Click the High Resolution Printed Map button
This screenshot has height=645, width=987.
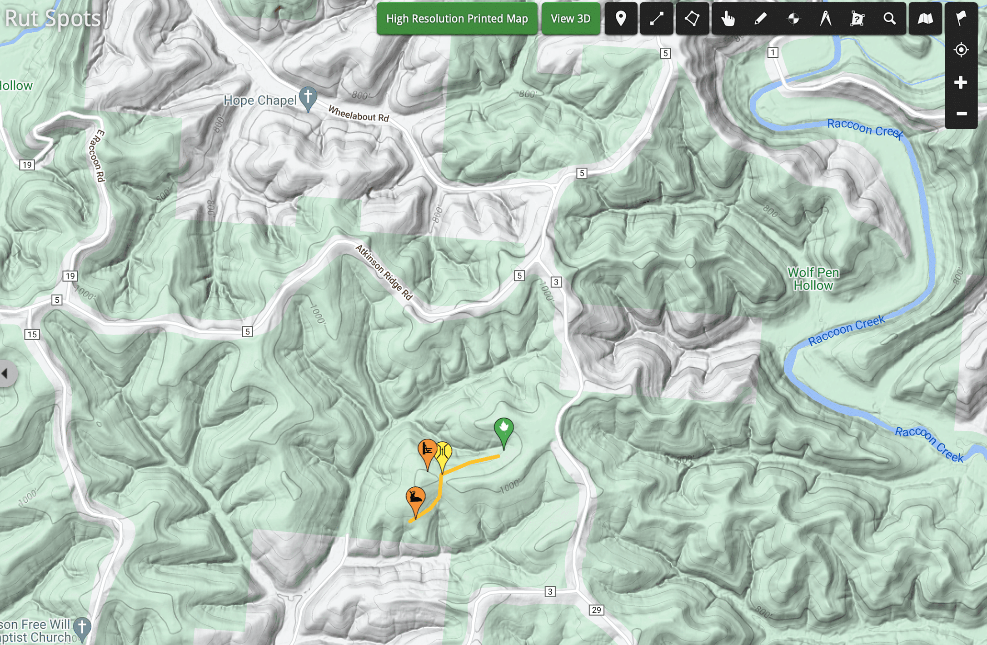457,19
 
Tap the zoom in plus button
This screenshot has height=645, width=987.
961,82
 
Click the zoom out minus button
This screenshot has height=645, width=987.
961,114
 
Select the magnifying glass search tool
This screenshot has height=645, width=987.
889,19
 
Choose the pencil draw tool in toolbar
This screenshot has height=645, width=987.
760,19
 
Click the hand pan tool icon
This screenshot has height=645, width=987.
728,19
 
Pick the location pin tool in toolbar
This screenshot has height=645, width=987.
621,19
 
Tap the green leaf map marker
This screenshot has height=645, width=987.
503,429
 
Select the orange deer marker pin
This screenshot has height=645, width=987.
415,498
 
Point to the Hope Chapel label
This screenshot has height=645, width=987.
259,100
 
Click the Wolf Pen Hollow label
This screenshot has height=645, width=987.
813,279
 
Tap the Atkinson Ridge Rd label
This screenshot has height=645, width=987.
384,272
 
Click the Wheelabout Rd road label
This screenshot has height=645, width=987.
359,114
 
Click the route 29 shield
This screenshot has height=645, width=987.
596,610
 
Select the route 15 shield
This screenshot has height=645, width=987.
32,335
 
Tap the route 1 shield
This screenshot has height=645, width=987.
773,52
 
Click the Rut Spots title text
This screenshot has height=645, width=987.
53,18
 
